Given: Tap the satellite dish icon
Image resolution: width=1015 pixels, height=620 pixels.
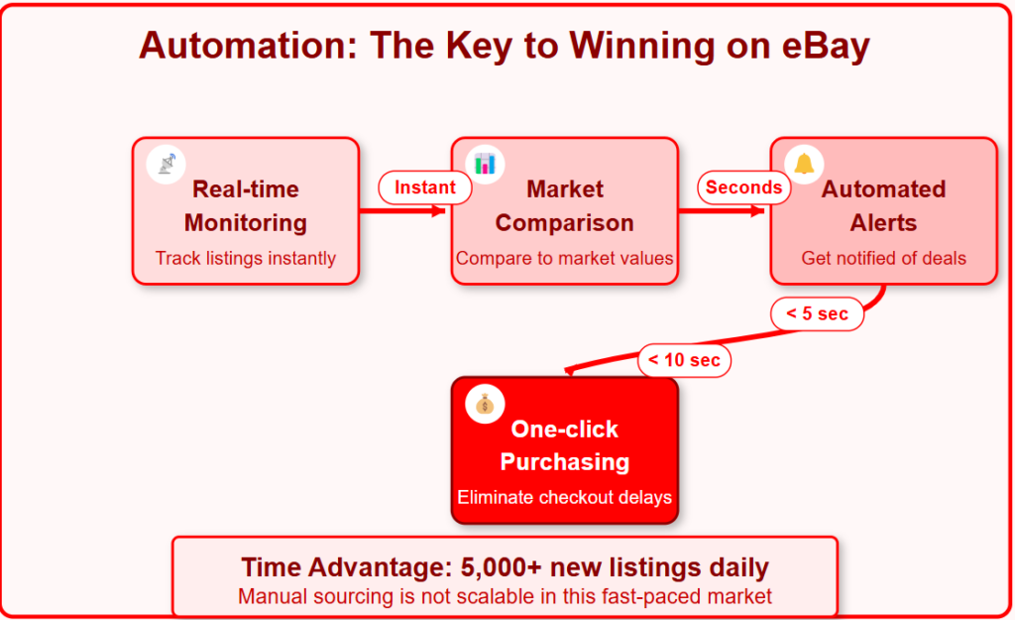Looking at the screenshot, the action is (x=167, y=164).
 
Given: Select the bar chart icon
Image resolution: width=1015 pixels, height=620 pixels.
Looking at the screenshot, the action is (x=485, y=164).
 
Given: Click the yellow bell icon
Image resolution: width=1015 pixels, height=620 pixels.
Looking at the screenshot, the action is (x=804, y=164).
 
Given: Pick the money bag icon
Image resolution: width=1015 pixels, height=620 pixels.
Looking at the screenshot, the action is (x=485, y=405).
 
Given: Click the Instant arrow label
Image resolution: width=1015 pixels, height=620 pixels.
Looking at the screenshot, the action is (x=424, y=187).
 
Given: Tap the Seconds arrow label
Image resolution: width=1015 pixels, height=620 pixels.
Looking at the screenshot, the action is (x=743, y=187).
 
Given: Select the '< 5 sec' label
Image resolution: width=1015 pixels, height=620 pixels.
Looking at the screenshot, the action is (x=817, y=314).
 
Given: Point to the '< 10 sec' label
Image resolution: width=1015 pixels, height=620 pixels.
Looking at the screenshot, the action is (x=684, y=360).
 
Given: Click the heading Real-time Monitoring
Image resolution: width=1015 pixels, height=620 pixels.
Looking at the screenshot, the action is (x=246, y=206).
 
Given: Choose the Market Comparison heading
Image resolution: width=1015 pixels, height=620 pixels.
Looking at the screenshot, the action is (x=564, y=206).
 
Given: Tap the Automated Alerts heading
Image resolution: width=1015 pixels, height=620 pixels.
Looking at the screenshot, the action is (x=883, y=206).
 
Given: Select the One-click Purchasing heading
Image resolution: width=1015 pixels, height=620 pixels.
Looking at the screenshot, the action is (x=564, y=445).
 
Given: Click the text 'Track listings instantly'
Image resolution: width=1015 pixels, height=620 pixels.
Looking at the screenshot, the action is (x=246, y=259).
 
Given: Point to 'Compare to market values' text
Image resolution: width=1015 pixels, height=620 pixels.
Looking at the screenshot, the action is (x=564, y=259).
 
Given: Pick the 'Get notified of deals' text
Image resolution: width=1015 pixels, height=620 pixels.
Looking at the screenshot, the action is (x=883, y=259).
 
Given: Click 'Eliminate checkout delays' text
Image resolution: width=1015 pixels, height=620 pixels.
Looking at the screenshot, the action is (x=564, y=498).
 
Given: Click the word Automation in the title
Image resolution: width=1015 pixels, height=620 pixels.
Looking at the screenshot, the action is (x=249, y=46).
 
